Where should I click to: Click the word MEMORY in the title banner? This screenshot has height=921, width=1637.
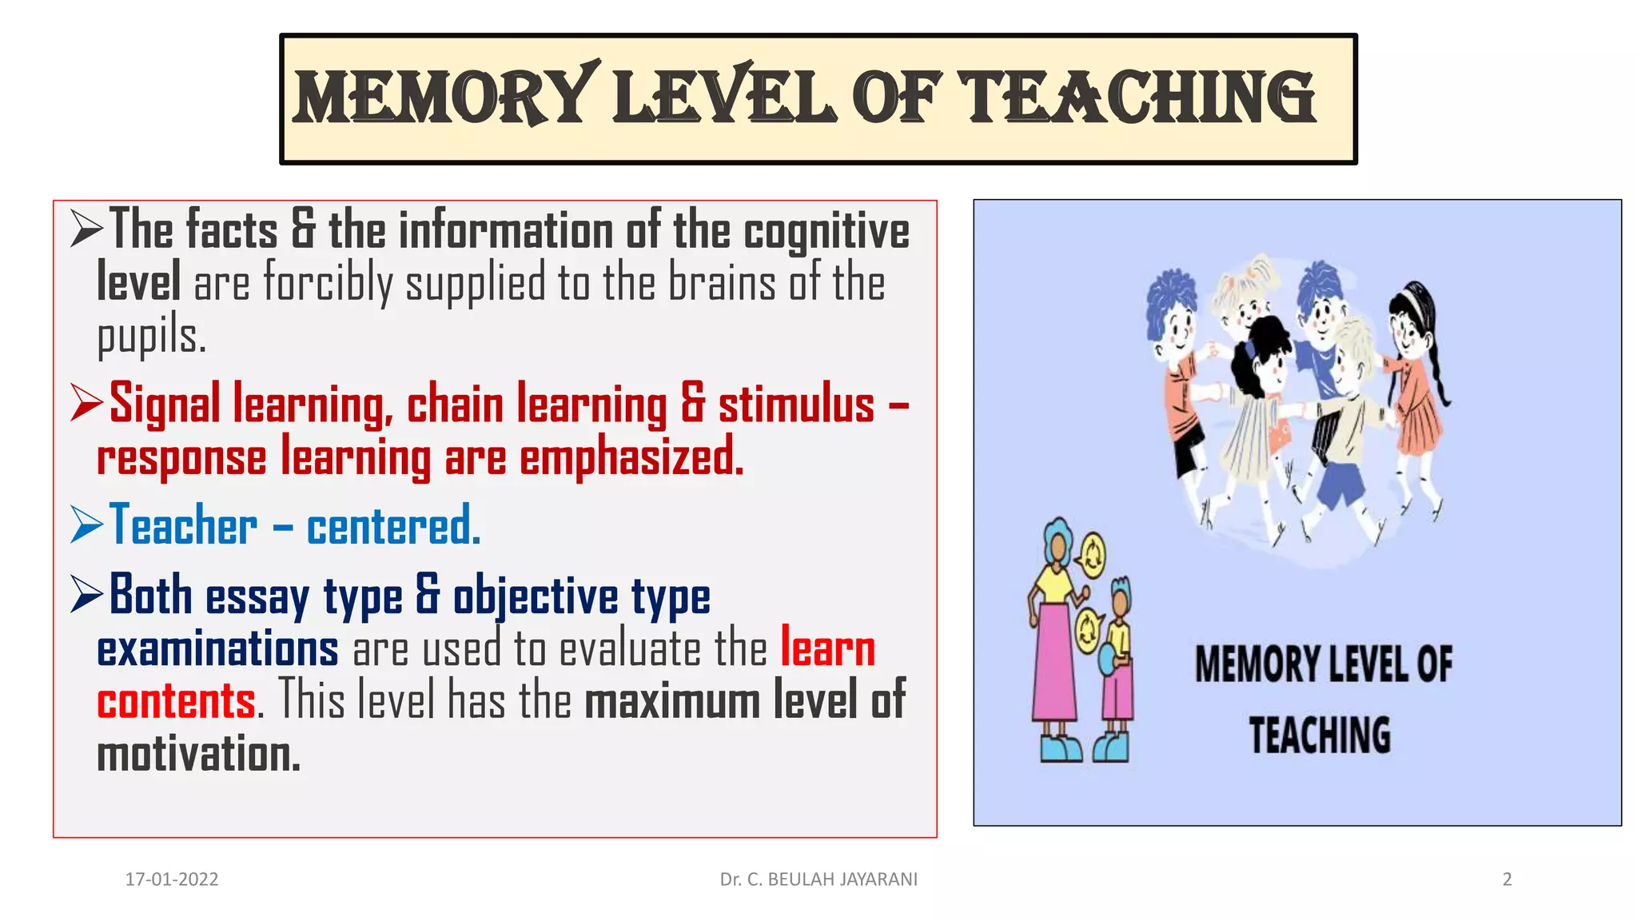[x=444, y=97]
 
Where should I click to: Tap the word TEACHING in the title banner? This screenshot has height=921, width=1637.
[x=1140, y=97]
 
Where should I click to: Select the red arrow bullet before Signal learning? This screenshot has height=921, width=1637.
[x=86, y=402]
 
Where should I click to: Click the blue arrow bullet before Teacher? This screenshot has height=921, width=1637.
[x=86, y=524]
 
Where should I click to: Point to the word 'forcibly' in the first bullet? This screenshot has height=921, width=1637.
[x=329, y=283]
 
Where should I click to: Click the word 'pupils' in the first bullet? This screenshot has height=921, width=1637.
[x=151, y=336]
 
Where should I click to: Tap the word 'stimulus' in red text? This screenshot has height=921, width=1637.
[x=796, y=405]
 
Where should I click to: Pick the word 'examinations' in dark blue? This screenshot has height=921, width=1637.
[x=217, y=648]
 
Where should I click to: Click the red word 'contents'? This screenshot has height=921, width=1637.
[x=177, y=701]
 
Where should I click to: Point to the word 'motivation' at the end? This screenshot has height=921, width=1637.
[x=198, y=755]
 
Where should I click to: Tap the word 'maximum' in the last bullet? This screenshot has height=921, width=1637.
[x=672, y=701]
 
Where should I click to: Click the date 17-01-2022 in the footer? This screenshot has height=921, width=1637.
[x=172, y=879]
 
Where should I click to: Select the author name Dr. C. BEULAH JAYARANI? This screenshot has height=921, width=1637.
[x=818, y=879]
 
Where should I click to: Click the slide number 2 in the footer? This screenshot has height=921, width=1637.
[x=1507, y=879]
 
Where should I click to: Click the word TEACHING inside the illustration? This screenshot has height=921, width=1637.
[x=1320, y=735]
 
